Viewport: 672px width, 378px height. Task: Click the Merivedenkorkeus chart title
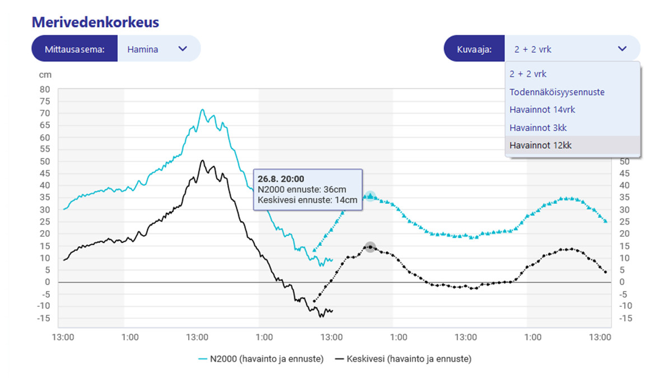[96, 22]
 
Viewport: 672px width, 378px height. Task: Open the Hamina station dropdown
[158, 49]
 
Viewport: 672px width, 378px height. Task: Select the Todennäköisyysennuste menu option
[557, 92]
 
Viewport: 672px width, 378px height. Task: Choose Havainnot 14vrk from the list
[542, 110]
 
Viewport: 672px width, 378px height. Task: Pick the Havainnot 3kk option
[538, 128]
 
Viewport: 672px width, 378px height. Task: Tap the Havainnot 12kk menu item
[540, 146]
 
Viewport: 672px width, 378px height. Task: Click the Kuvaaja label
[474, 49]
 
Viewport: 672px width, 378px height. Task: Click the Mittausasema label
[75, 49]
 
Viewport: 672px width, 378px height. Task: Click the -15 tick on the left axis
[44, 318]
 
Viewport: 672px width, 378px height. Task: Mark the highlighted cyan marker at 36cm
[370, 196]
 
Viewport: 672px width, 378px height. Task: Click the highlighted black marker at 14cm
[370, 247]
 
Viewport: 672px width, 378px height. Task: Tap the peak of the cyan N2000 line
[202, 110]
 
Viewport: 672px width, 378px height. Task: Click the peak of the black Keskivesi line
[202, 161]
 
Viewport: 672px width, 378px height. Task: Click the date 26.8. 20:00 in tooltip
[281, 179]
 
